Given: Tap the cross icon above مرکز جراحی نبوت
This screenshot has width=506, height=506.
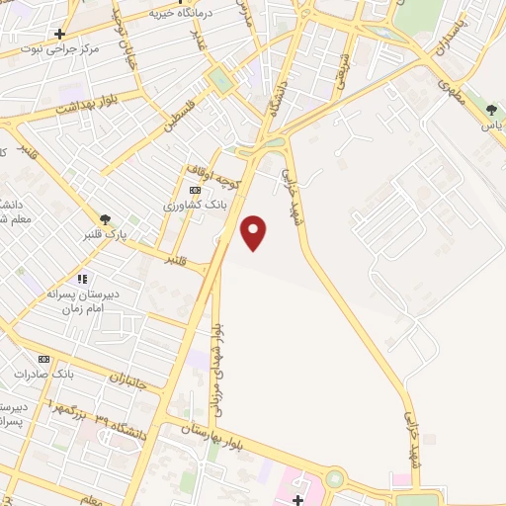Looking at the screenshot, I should pyautogui.click(x=60, y=34).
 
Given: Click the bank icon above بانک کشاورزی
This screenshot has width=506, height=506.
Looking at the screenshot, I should pyautogui.click(x=196, y=190).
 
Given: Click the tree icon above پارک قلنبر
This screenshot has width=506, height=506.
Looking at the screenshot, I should pyautogui.click(x=105, y=219).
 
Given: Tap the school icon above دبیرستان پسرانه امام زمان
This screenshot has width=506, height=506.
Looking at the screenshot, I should pyautogui.click(x=82, y=280).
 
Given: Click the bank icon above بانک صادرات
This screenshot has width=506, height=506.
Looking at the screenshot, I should pyautogui.click(x=43, y=359).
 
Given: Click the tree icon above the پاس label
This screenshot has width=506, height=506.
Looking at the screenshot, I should pyautogui.click(x=491, y=110).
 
